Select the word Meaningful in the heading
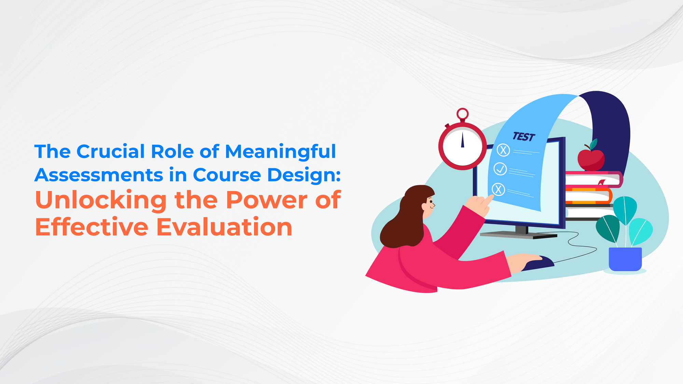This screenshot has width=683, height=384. pos(280,152)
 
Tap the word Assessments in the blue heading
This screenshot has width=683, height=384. pos(99,175)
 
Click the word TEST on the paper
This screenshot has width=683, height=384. pos(524,137)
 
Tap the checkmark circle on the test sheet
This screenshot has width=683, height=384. pos(500,169)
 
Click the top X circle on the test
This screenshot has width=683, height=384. pos(503,150)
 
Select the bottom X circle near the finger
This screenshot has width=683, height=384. pos(498,189)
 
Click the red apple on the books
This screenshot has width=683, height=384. pos(591,159)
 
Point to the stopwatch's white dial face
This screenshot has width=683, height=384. pos(462,146)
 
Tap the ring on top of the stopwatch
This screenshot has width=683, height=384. pos(463,114)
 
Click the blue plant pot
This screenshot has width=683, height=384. pos(625,259)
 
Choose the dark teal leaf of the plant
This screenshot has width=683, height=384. pos(608,228)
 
